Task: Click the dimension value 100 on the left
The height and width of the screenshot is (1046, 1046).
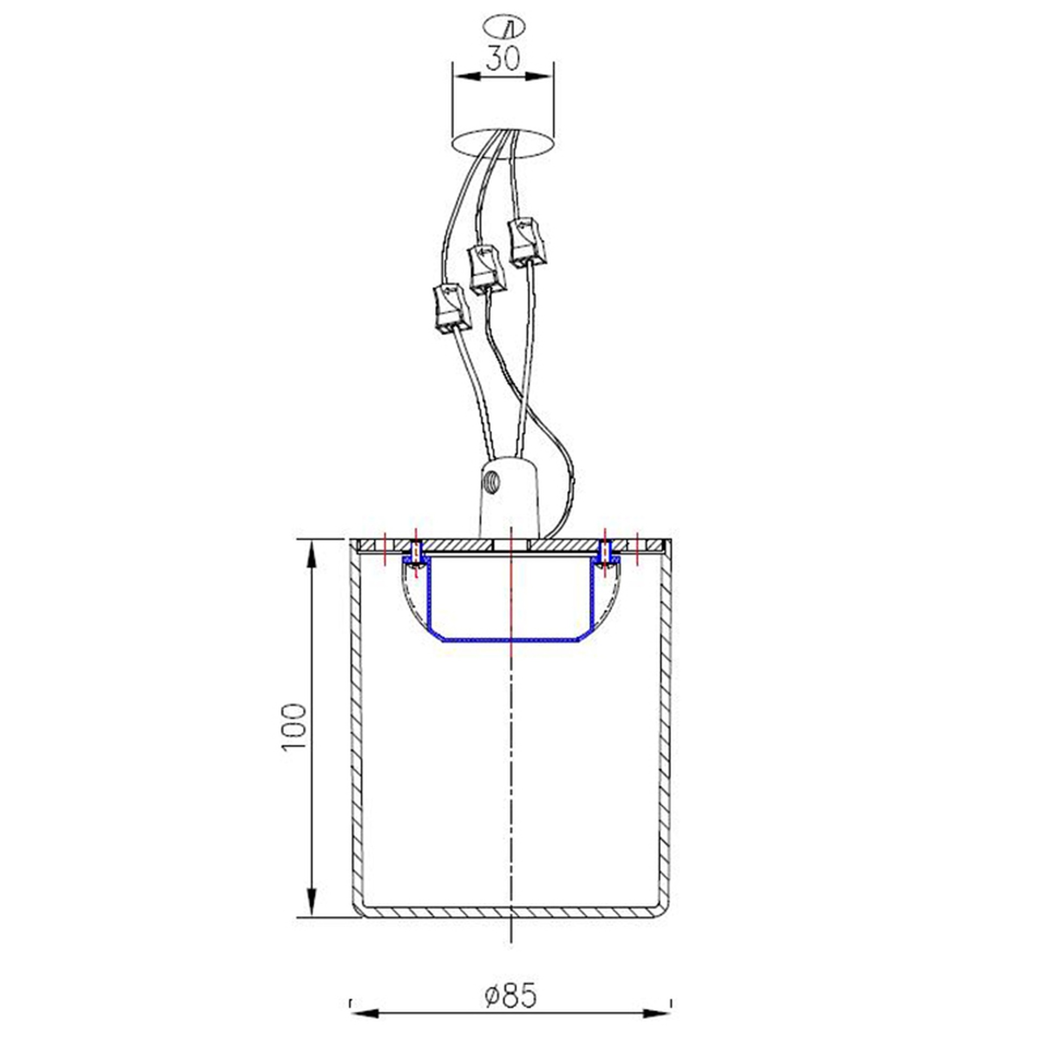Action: click(x=294, y=727)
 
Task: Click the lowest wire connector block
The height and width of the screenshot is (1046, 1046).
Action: click(x=451, y=309)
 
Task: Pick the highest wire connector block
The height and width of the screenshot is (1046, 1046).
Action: click(x=526, y=242)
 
